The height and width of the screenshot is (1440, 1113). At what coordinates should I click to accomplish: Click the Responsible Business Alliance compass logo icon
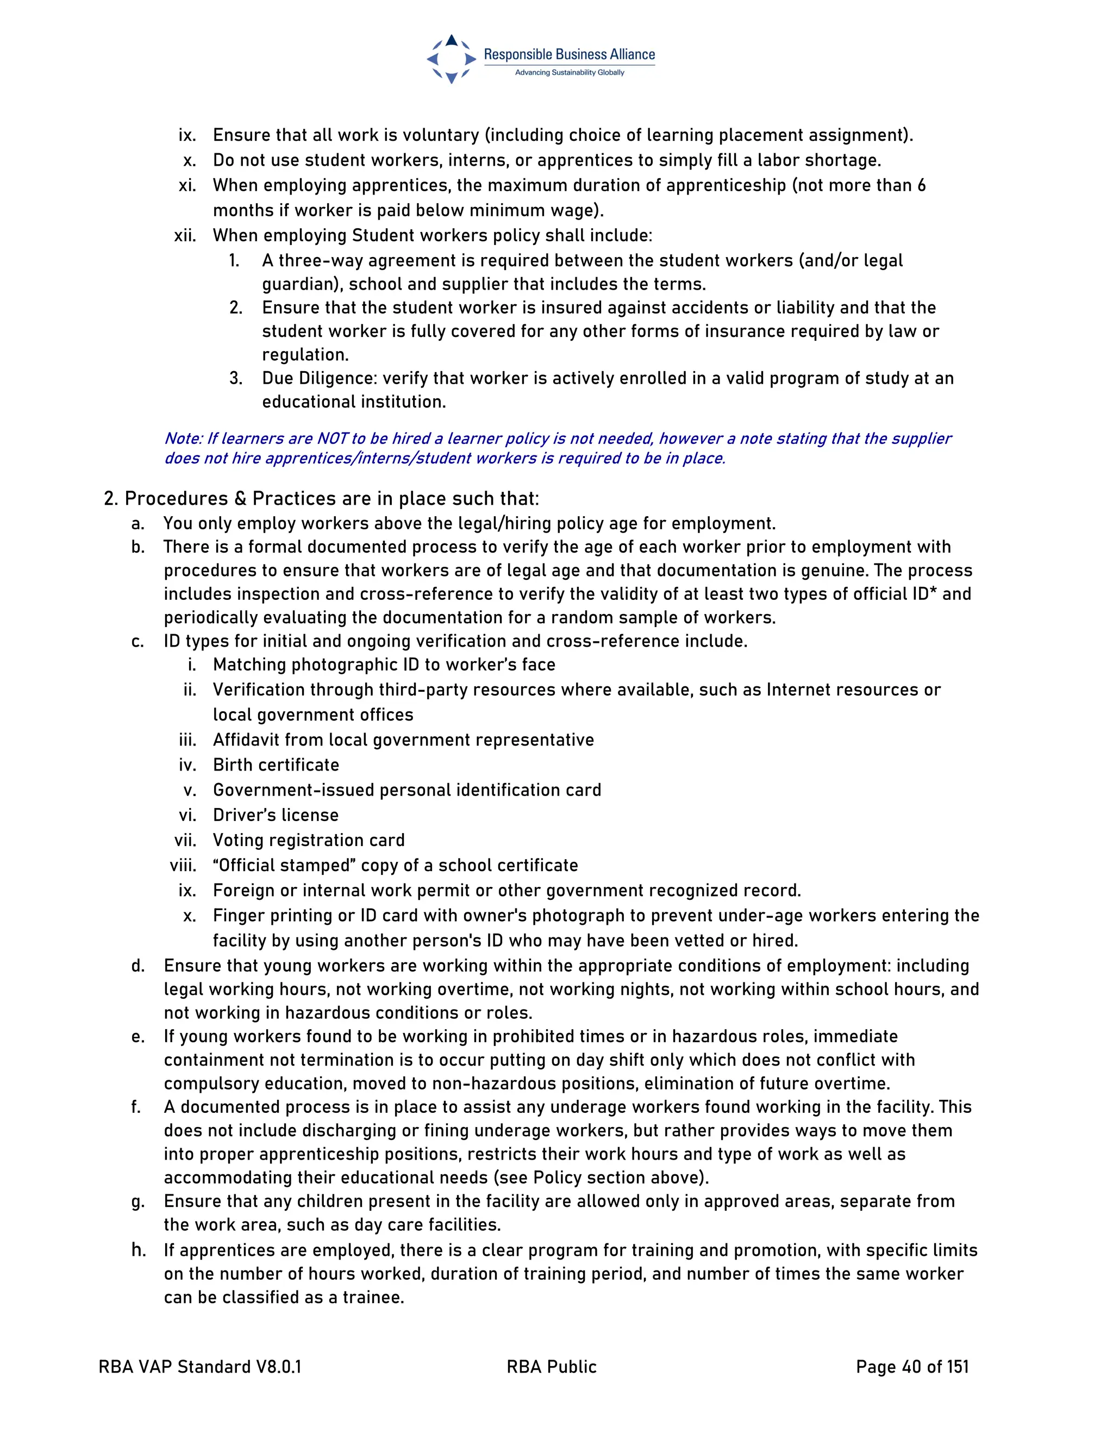click(x=451, y=59)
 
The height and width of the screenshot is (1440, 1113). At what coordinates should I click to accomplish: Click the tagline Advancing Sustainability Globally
click(x=569, y=72)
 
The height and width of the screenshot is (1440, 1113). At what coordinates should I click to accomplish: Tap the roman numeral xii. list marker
click(x=185, y=235)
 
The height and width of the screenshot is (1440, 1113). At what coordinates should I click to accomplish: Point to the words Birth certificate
click(x=276, y=765)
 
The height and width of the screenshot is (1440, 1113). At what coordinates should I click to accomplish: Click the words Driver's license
click(x=276, y=815)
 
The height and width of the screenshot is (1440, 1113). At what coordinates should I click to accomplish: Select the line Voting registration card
click(x=309, y=840)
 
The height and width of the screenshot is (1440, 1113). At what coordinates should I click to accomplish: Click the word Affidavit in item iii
click(x=246, y=740)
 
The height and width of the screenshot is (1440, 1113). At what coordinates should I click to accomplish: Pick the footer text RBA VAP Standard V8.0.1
click(x=200, y=1367)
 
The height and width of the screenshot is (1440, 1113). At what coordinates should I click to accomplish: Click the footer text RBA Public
click(x=551, y=1367)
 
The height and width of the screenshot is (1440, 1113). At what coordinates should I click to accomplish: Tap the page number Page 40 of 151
click(x=912, y=1367)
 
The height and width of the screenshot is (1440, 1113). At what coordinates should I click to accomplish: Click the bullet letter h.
click(x=138, y=1250)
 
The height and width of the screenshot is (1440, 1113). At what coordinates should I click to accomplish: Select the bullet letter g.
click(x=138, y=1202)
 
